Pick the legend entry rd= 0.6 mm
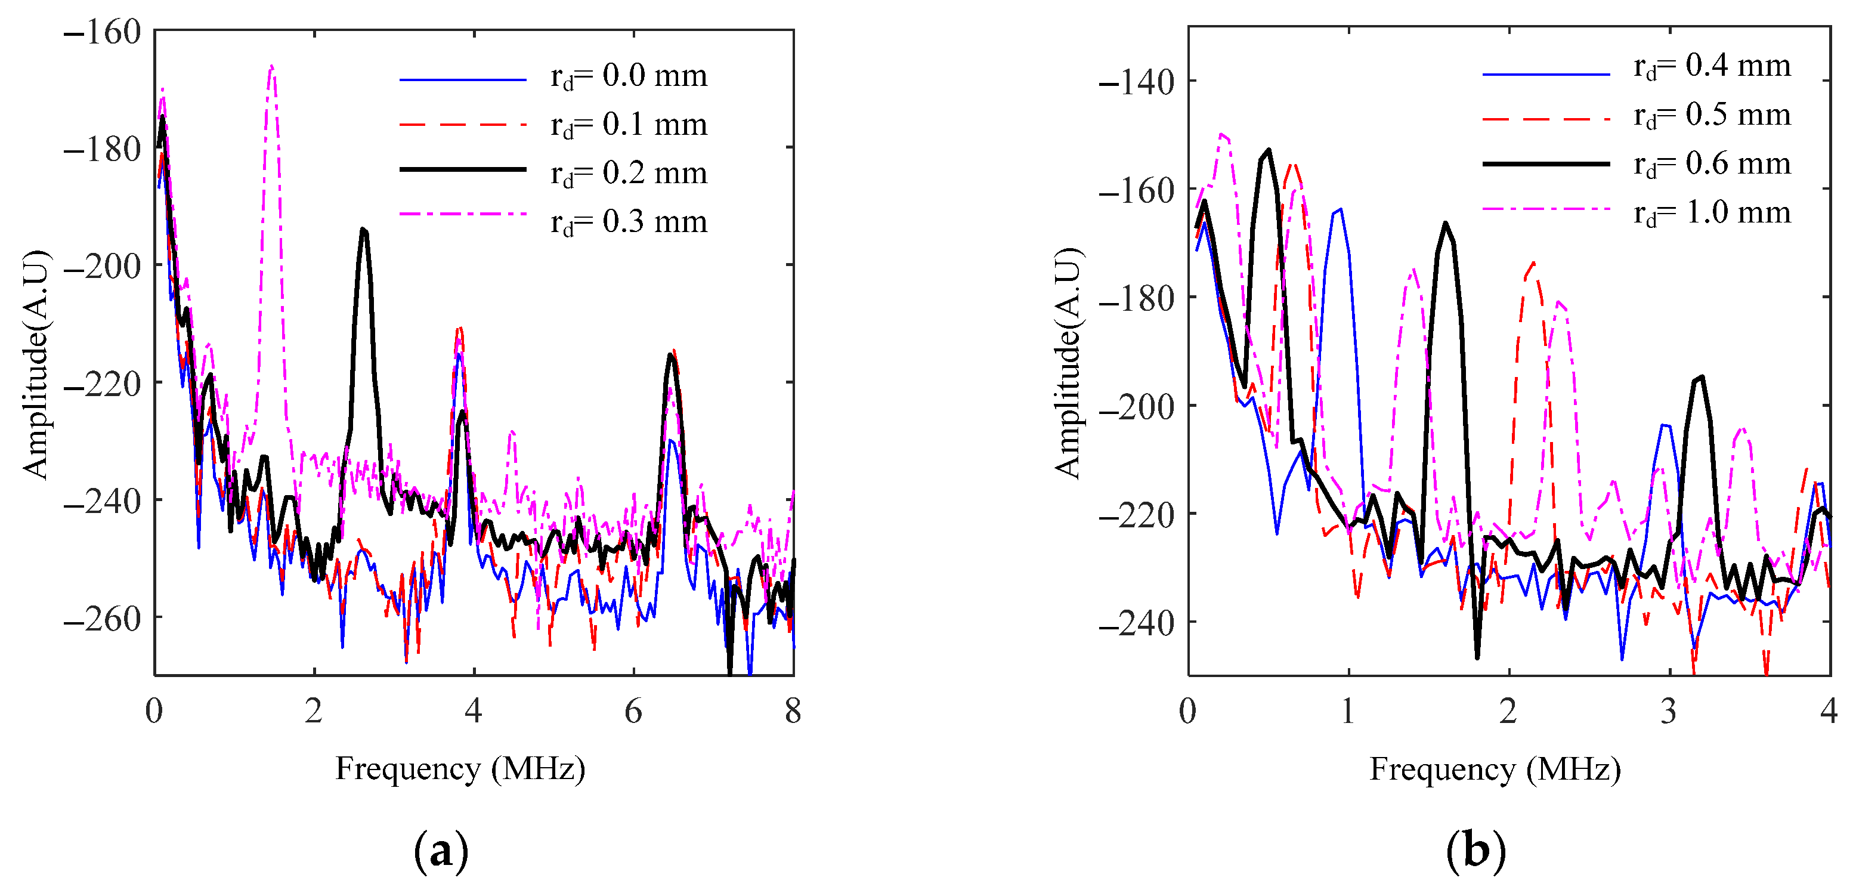(1711, 163)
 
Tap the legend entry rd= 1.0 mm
(1711, 212)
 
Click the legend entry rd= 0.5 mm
(1711, 115)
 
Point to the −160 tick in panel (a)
(103, 32)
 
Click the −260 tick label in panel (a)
(103, 619)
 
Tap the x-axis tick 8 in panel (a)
(793, 712)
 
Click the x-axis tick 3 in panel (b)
(1669, 712)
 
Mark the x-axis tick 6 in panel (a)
(633, 712)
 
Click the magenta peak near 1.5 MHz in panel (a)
(271, 67)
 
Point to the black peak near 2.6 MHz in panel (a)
(364, 230)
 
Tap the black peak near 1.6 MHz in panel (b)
(1445, 224)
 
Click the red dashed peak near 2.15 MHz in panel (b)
(1533, 263)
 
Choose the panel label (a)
(441, 851)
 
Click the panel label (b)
(1475, 851)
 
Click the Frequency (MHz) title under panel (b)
(1495, 769)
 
